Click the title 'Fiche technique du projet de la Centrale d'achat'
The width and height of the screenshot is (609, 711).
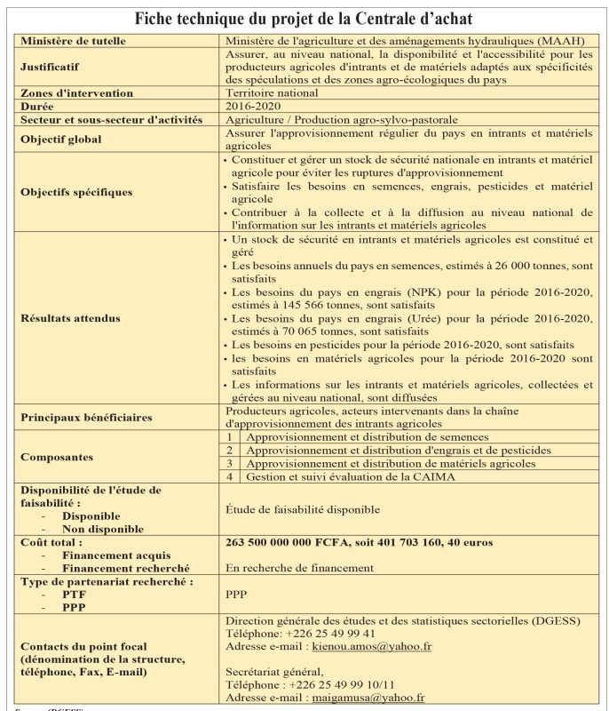coord(304,19)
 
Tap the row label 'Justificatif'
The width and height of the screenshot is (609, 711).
coord(50,67)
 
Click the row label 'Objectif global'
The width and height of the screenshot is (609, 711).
coord(61,139)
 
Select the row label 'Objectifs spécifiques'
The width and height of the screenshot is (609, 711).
coord(76,191)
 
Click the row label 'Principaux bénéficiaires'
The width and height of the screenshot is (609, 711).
coord(86,416)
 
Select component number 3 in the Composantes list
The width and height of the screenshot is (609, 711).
coord(229,463)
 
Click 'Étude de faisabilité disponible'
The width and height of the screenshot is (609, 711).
coord(303,509)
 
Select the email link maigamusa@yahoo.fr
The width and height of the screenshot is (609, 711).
coord(368,699)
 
